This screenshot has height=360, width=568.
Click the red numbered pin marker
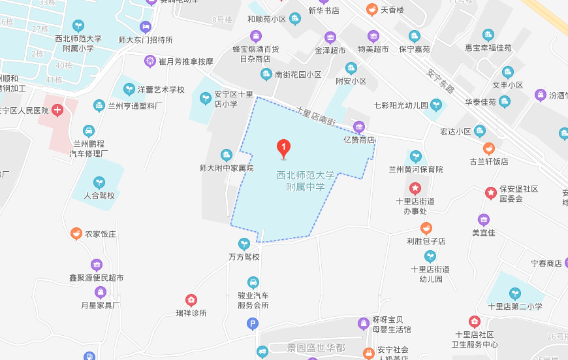(x=283, y=148)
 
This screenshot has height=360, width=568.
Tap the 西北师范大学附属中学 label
(x=306, y=181)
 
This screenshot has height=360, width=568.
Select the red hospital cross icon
(x=58, y=110)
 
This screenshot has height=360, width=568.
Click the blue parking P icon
(x=253, y=323)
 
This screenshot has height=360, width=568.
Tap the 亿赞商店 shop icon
(x=358, y=127)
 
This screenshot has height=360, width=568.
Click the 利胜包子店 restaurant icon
(x=426, y=228)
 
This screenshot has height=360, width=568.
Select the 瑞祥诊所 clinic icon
(x=191, y=300)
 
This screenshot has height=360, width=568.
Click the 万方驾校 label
(x=244, y=257)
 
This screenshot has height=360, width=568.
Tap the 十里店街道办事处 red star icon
(x=415, y=189)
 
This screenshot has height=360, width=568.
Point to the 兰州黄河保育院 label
(x=415, y=169)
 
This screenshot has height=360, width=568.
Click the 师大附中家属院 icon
(x=227, y=155)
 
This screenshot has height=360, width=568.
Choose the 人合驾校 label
(x=99, y=195)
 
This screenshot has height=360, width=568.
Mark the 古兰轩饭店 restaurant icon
(x=488, y=148)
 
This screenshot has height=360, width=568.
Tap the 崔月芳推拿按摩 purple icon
(x=150, y=61)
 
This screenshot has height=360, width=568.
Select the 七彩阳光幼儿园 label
(x=401, y=105)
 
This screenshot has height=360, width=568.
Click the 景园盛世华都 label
(x=316, y=347)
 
